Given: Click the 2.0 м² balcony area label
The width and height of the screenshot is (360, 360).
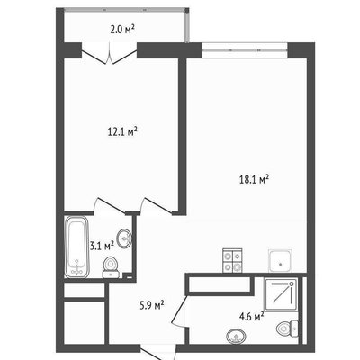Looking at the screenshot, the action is (122, 30).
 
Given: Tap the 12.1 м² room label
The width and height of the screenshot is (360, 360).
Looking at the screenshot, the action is (122, 131).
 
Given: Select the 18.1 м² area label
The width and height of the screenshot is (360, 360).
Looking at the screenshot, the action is (254, 180).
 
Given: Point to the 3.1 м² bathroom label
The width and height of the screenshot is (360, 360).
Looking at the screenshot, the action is (103, 246).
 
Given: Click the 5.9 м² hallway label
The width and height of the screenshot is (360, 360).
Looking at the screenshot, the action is (152, 306).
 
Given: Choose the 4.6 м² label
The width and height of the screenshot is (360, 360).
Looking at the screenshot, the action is (251, 317).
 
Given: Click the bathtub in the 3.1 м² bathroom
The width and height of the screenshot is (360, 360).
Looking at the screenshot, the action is (76, 247).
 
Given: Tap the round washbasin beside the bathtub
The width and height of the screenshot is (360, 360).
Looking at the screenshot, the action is (124, 238).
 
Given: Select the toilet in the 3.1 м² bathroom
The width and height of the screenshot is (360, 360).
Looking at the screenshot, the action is (112, 267).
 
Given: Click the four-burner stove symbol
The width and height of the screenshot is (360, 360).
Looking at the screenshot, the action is (232, 261).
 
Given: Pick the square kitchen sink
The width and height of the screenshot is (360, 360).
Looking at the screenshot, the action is (280, 261).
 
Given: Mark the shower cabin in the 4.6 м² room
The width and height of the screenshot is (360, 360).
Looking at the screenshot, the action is (281, 294).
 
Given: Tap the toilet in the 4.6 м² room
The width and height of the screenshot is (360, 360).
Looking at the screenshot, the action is (287, 328).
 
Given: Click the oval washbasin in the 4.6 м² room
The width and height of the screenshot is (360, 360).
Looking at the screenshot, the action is (237, 336).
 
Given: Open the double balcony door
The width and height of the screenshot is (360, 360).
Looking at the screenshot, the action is (110, 54).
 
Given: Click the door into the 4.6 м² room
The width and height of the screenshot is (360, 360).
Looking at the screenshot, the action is (179, 311).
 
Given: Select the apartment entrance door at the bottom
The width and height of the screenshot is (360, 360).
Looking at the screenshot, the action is (158, 353).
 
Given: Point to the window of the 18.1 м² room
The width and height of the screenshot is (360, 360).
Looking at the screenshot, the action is (245, 50).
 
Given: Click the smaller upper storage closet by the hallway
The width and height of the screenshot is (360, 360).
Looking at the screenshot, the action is (85, 290).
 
